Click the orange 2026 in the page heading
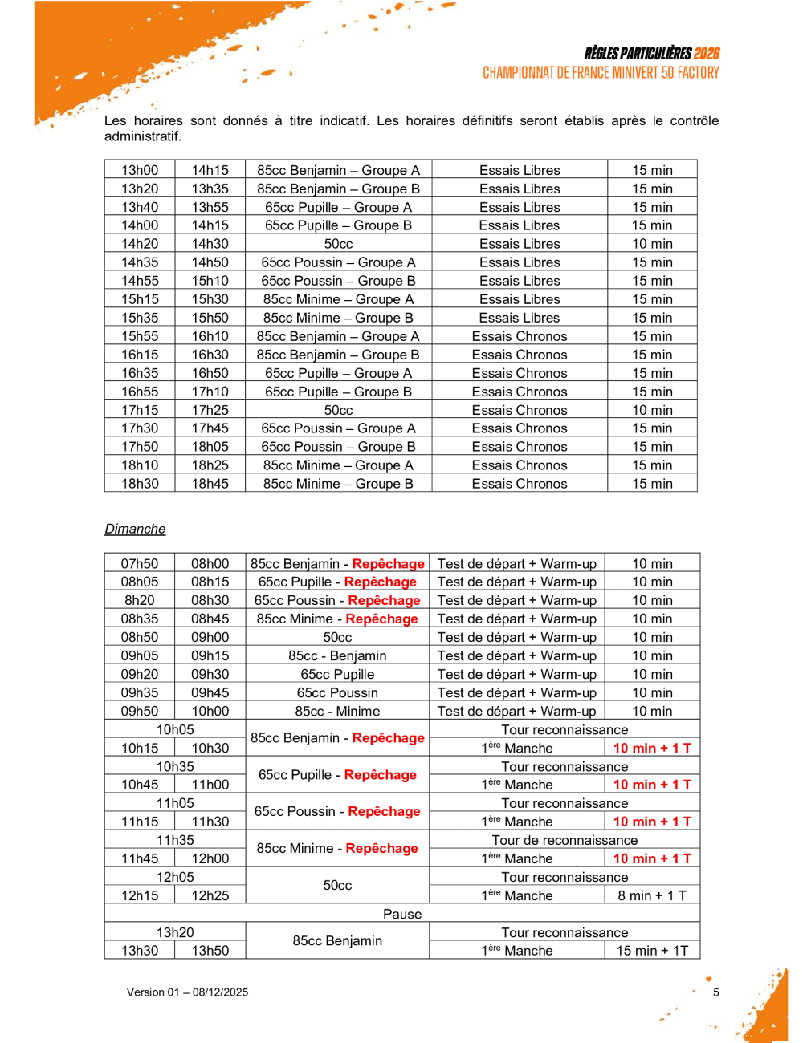coord(707,54)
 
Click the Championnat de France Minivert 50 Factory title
coord(601,73)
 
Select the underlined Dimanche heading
coord(135,529)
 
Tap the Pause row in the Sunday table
coord(402,914)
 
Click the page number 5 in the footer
coord(716,992)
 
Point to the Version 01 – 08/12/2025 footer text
coord(187,992)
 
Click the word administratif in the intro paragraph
coord(143,136)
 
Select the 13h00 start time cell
coord(140,170)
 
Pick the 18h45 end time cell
coord(210,484)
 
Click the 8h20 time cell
coord(140,600)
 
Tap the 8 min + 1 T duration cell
coord(652,895)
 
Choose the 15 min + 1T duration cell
coord(652,951)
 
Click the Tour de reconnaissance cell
coord(564,840)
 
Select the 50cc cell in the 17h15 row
coord(338,410)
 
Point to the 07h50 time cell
coord(140,564)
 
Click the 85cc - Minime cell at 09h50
coord(337,711)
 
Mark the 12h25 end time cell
coord(210,895)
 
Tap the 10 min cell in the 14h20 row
coord(652,244)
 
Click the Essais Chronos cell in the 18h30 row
coord(520,484)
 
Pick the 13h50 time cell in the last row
coord(210,951)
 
